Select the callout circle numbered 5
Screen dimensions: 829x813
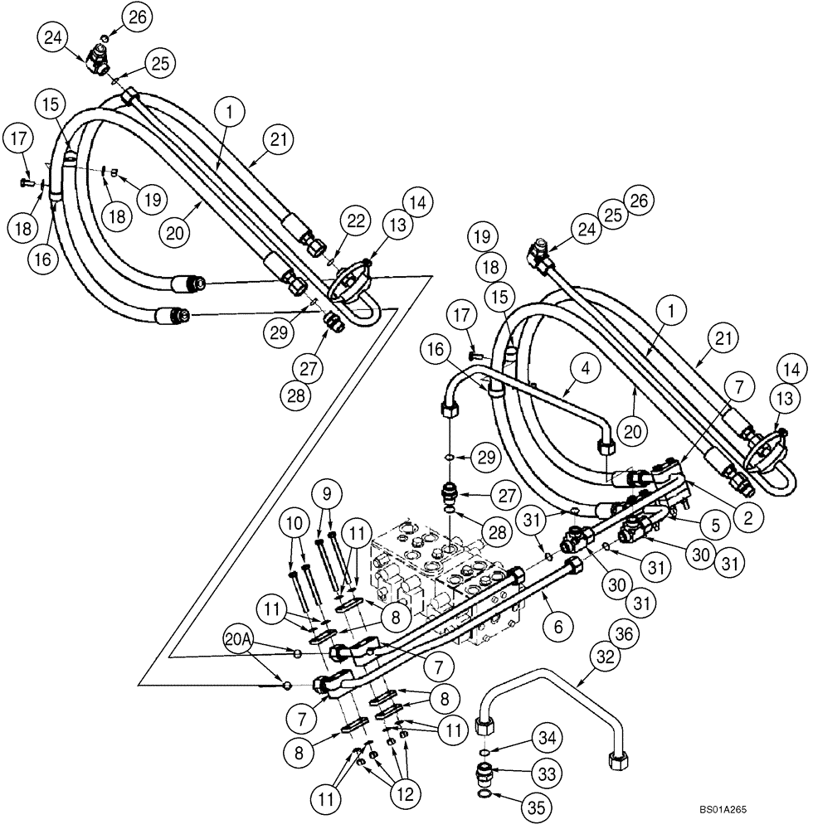tap(713, 524)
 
